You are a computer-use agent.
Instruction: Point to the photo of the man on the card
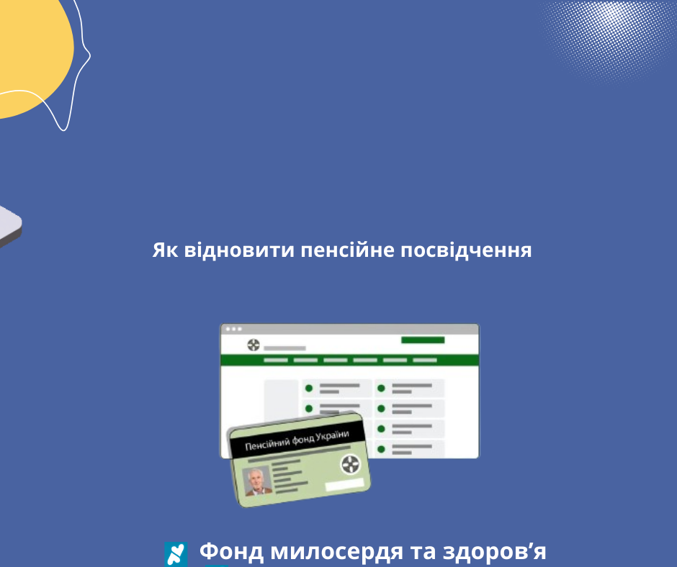point(257,480)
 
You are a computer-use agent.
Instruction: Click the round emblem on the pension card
point(350,464)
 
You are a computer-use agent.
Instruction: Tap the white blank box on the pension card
point(346,486)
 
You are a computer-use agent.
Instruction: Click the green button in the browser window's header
point(423,340)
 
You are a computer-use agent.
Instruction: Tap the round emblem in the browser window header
point(253,345)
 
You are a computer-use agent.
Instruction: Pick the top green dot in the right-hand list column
point(382,389)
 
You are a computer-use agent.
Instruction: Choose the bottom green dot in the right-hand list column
point(382,449)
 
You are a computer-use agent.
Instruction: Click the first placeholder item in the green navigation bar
point(276,360)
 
